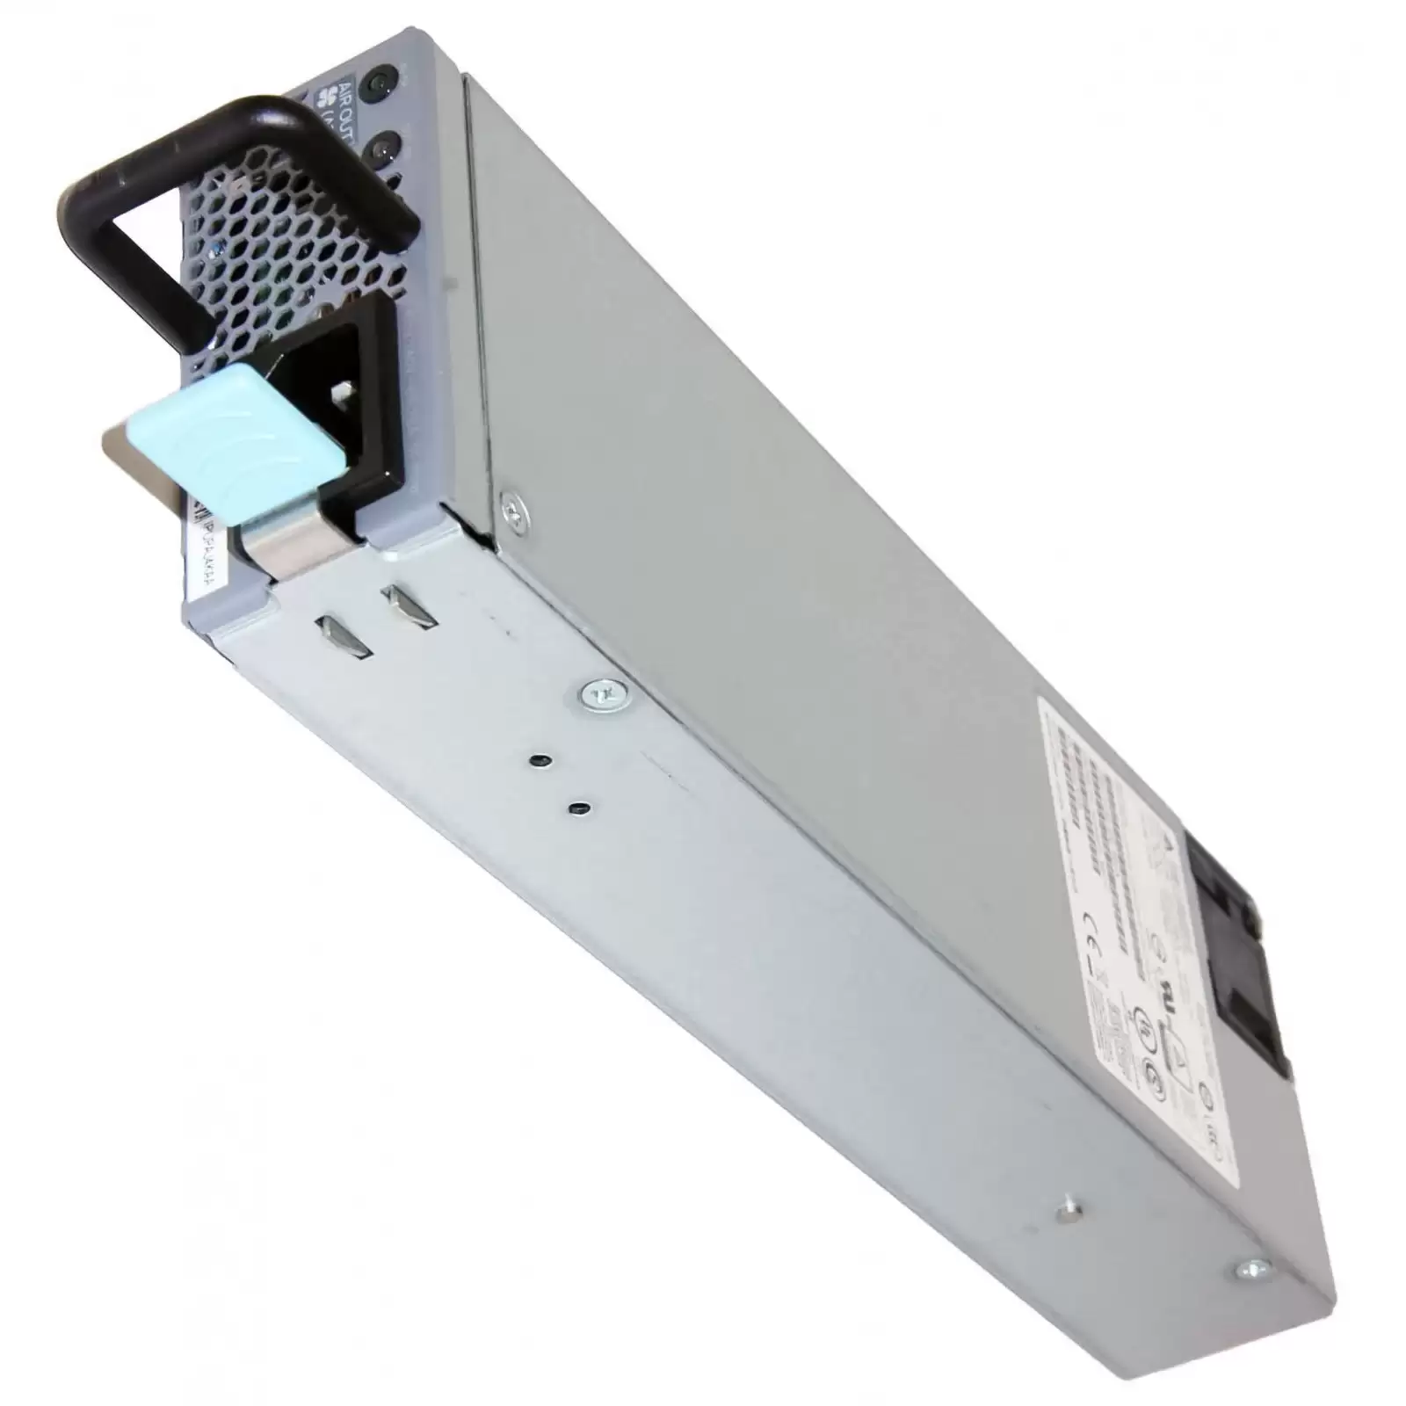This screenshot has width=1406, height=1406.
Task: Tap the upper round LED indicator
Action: click(380, 83)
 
